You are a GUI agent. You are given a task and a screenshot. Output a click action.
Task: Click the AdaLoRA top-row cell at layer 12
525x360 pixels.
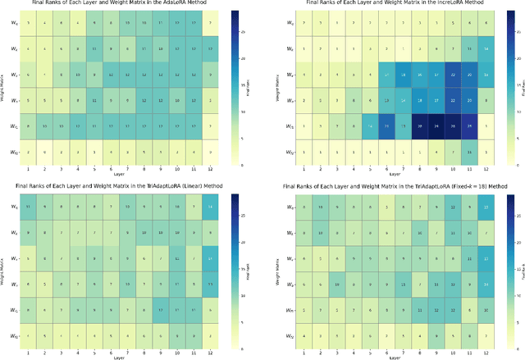click(212, 22)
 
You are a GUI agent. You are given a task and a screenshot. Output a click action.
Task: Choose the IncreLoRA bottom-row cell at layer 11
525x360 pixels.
click(468, 152)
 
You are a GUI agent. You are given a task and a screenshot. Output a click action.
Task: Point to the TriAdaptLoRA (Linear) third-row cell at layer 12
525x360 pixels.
click(212, 258)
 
